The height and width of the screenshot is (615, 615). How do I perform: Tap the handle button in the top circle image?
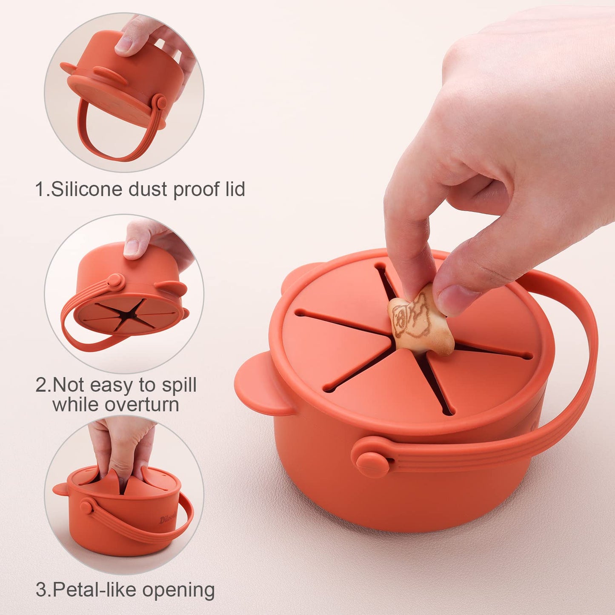[x=161, y=103]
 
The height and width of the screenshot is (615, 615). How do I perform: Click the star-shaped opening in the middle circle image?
[x=128, y=315]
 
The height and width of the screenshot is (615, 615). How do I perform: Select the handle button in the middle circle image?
[x=115, y=281]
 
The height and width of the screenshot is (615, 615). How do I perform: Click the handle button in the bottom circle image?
[x=86, y=507]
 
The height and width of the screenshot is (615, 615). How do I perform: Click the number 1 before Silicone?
[x=40, y=189]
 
